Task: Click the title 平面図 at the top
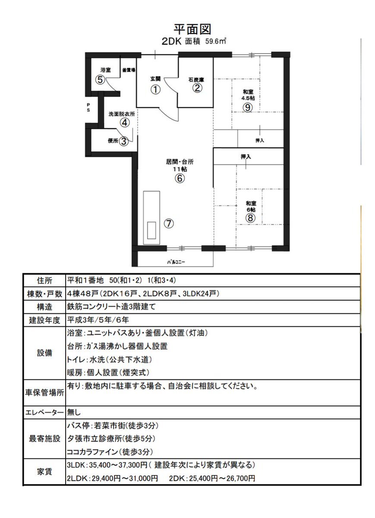[192, 29]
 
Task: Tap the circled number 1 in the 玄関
[156, 89]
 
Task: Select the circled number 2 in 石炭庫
[197, 88]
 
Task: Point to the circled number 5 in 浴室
[100, 80]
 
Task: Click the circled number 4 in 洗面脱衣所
[124, 123]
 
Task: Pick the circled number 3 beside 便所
[124, 141]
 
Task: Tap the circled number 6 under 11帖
[180, 178]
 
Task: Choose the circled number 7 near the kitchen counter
[169, 224]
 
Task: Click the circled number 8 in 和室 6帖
[251, 218]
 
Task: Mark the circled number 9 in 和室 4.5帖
[248, 107]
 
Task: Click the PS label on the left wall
[88, 107]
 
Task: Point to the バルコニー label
[176, 262]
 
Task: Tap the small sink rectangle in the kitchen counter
[151, 231]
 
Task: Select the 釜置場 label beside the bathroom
[129, 70]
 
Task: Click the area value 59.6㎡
[215, 41]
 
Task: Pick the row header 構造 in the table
[44, 307]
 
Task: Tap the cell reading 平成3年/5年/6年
[98, 320]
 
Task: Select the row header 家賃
[44, 472]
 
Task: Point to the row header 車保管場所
[44, 393]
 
